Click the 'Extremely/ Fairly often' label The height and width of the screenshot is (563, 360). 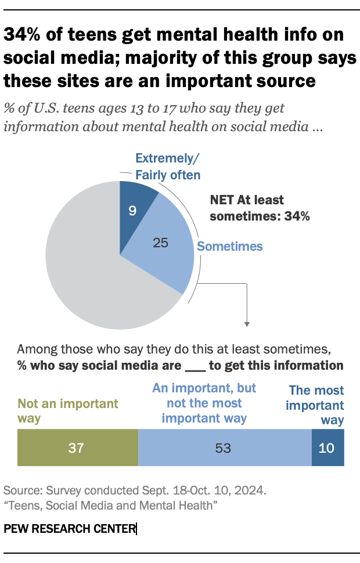tap(168, 166)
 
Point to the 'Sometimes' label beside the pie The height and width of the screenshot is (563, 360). tap(230, 246)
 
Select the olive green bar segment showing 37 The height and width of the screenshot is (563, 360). tap(78, 447)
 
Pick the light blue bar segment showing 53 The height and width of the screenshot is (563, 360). tap(225, 447)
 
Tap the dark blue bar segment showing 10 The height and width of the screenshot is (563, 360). tap(328, 447)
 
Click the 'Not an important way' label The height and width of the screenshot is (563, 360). tap(68, 410)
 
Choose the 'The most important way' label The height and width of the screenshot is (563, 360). tap(316, 405)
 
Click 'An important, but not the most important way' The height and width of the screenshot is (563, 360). tap(204, 403)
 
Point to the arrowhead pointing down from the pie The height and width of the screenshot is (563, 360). tap(247, 323)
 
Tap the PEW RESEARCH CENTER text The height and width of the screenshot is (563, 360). tap(69, 529)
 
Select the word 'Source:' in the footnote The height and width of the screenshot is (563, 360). tap(22, 490)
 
